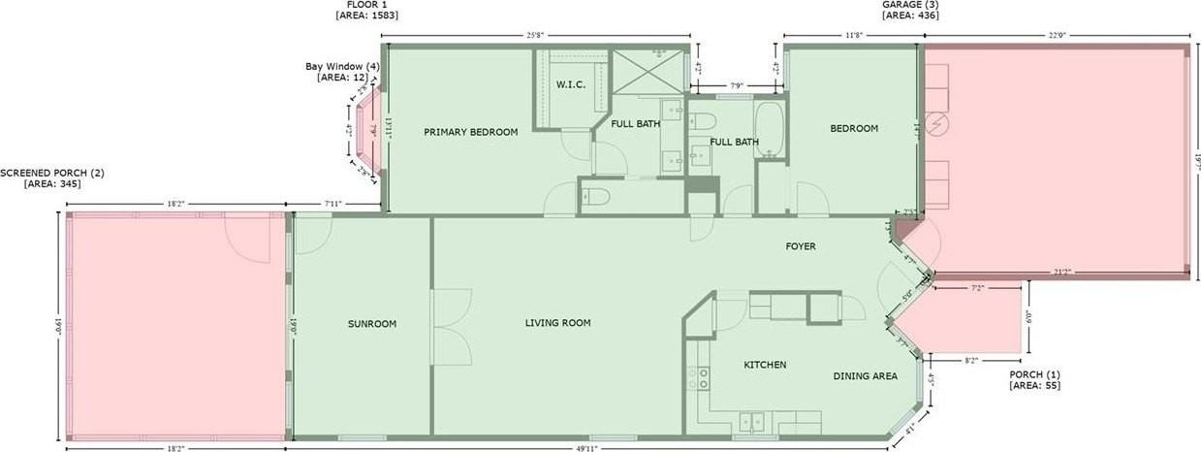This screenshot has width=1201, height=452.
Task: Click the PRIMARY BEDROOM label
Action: [470, 132]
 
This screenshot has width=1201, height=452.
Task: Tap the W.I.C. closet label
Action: [570, 84]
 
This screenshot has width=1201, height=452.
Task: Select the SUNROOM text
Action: [372, 324]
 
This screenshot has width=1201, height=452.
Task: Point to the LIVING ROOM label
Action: [557, 323]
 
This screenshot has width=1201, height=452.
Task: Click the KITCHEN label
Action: [764, 365]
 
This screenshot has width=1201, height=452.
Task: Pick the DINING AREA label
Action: [865, 376]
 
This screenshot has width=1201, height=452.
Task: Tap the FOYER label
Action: [800, 246]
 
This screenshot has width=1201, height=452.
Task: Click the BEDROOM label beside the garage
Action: [854, 129]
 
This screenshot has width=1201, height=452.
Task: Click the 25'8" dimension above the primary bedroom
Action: [534, 35]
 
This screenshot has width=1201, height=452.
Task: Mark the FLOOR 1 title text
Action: [366, 5]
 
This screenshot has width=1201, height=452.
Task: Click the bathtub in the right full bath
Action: [771, 132]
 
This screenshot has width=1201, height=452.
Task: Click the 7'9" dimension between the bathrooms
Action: [736, 86]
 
